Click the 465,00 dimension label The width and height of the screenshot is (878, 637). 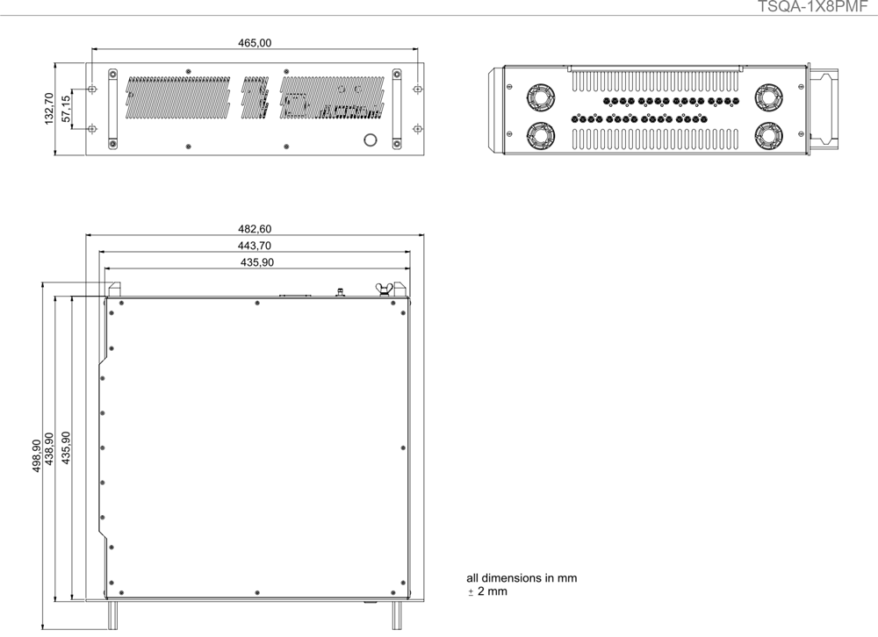click(x=255, y=43)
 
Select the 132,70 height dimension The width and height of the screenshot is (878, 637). click(x=49, y=109)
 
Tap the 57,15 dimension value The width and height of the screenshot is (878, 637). click(x=66, y=109)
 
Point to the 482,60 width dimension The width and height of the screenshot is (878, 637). click(x=255, y=229)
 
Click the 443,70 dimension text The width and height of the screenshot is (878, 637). click(x=255, y=246)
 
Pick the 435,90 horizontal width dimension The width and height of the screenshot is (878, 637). click(x=257, y=262)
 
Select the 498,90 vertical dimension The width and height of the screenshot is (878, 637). click(x=36, y=455)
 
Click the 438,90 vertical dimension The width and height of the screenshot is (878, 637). click(x=48, y=448)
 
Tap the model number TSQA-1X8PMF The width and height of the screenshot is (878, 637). click(x=817, y=6)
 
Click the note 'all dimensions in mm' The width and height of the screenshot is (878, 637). click(x=522, y=578)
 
